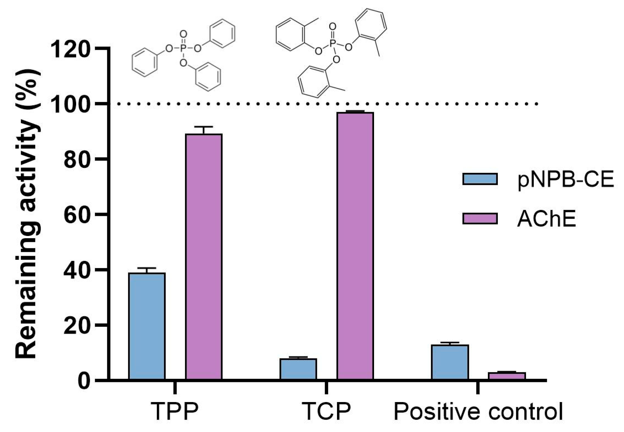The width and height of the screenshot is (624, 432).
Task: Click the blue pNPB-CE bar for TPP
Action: pyautogui.click(x=147, y=326)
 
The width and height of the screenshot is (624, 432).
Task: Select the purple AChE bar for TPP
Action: pyautogui.click(x=204, y=257)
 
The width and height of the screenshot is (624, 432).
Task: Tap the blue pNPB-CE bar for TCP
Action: pyautogui.click(x=298, y=369)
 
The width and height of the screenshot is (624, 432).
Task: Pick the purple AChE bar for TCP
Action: pyautogui.click(x=355, y=246)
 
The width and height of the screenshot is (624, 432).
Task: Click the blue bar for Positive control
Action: pyautogui.click(x=450, y=362)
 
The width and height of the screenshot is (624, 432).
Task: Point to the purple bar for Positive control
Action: pyautogui.click(x=507, y=376)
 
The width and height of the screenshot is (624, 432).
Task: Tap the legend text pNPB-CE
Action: pyautogui.click(x=565, y=180)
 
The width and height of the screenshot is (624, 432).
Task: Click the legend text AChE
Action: pyautogui.click(x=546, y=219)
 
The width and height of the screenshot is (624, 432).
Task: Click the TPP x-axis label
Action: pyautogui.click(x=175, y=411)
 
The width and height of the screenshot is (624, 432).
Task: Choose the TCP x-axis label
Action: pyautogui.click(x=326, y=411)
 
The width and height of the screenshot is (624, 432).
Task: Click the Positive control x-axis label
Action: pyautogui.click(x=478, y=411)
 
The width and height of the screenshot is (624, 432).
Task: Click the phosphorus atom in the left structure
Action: pyautogui.click(x=183, y=48)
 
